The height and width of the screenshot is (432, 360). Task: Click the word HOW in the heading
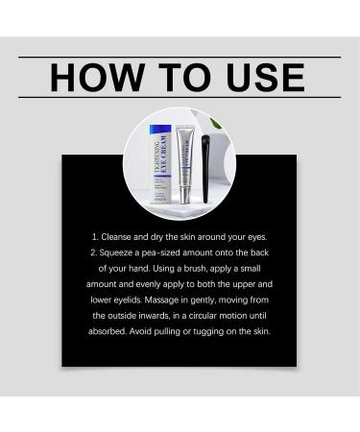(x=97, y=78)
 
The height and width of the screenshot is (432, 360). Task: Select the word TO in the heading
(x=185, y=78)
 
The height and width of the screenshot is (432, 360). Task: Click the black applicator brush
(x=205, y=169)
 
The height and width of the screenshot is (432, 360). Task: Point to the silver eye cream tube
(x=185, y=164)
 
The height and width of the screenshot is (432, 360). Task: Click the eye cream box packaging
(x=160, y=164)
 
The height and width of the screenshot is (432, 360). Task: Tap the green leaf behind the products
(x=214, y=123)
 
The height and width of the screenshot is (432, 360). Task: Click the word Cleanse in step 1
(x=116, y=237)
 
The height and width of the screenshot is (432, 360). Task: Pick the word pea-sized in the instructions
(x=161, y=252)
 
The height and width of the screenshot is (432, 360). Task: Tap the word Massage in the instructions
(x=161, y=300)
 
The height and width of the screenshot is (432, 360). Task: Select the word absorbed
(x=108, y=331)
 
